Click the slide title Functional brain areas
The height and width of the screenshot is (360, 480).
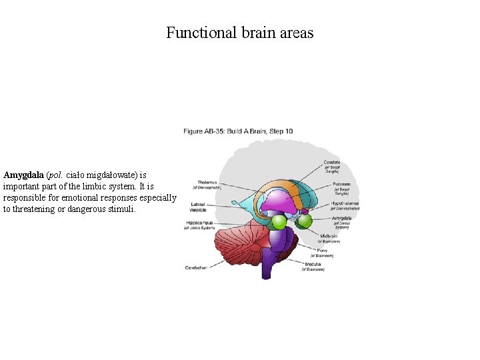click(x=239, y=33)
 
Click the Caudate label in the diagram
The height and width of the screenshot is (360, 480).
click(x=331, y=163)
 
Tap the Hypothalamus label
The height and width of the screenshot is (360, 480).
click(x=345, y=203)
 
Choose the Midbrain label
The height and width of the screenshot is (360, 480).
click(x=330, y=235)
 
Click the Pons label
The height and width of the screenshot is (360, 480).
click(x=323, y=250)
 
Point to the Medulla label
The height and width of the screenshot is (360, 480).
click(x=313, y=264)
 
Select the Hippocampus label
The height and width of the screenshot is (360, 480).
click(x=200, y=223)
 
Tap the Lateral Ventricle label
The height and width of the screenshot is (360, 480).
click(x=198, y=207)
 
